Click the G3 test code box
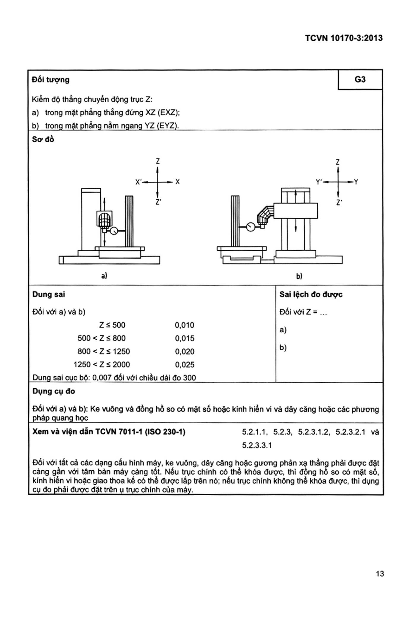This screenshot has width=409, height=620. (360, 80)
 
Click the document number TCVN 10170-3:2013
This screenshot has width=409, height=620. (344, 38)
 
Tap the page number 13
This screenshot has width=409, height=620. (380, 574)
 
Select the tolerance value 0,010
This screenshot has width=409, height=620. (184, 325)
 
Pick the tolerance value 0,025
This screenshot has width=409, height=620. (184, 365)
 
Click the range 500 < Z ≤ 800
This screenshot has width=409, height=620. (102, 338)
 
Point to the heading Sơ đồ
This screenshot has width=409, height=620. (43, 139)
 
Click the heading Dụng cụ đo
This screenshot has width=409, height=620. (54, 391)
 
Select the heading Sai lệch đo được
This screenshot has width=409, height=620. (311, 294)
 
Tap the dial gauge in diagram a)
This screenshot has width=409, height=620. (114, 231)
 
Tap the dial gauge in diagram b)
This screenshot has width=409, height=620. (251, 227)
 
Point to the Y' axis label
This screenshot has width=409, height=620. (319, 182)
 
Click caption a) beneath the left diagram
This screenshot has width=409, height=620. (104, 276)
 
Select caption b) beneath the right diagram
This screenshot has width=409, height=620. (299, 276)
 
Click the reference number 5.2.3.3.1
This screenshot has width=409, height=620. (257, 445)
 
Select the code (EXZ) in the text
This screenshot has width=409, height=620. (168, 113)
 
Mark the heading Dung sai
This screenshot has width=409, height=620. (49, 294)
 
